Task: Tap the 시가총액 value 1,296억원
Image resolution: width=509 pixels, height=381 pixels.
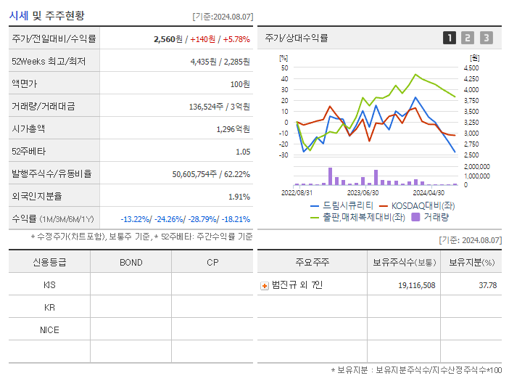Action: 233,129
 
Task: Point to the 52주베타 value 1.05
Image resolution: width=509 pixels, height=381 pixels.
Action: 243,152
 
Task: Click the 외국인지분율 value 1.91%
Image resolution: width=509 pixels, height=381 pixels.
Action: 239,197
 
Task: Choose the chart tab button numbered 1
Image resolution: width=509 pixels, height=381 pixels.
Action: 450,38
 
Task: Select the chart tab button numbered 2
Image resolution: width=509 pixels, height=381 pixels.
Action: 468,38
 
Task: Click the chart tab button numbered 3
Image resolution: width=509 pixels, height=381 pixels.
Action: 486,38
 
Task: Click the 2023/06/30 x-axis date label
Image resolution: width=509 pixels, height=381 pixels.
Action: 363,193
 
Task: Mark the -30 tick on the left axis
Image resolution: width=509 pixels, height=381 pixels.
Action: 284,155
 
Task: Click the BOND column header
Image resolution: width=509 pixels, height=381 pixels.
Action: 131,262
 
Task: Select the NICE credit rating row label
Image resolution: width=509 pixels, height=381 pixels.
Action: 49,329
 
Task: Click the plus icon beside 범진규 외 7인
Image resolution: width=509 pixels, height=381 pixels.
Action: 265,285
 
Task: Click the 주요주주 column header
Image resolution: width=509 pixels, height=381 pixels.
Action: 312,262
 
